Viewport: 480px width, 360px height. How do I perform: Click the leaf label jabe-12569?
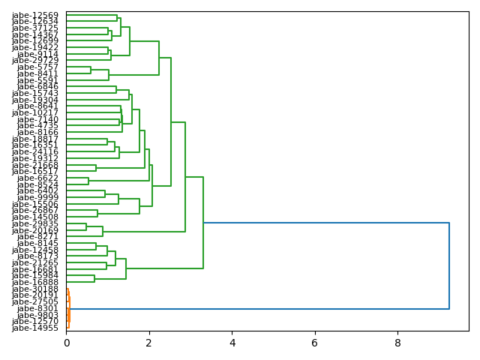(35, 15)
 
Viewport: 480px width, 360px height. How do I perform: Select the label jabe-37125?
(35, 28)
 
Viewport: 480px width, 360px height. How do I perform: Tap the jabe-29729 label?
(35, 60)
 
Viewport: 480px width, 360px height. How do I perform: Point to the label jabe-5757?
(37, 67)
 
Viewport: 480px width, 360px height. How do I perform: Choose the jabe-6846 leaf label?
(37, 86)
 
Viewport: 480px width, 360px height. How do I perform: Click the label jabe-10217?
(35, 112)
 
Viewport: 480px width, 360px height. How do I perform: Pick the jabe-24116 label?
(35, 151)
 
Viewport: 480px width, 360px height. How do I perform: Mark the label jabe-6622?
(37, 178)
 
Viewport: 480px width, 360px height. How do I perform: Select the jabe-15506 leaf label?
(35, 204)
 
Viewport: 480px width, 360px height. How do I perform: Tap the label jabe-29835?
(35, 223)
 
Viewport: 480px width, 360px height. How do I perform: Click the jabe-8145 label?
(37, 243)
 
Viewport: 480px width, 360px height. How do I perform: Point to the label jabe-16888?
(35, 282)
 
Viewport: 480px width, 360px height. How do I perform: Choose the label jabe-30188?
(35, 289)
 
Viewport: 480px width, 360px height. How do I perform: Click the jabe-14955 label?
(35, 328)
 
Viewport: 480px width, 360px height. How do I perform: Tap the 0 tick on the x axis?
(66, 343)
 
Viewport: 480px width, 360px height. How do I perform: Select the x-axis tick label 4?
(232, 343)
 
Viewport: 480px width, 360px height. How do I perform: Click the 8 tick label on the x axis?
(397, 343)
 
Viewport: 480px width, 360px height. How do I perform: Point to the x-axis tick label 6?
(315, 343)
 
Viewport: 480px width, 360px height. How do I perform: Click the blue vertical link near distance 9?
(449, 265)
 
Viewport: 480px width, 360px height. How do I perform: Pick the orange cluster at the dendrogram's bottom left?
(68, 308)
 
